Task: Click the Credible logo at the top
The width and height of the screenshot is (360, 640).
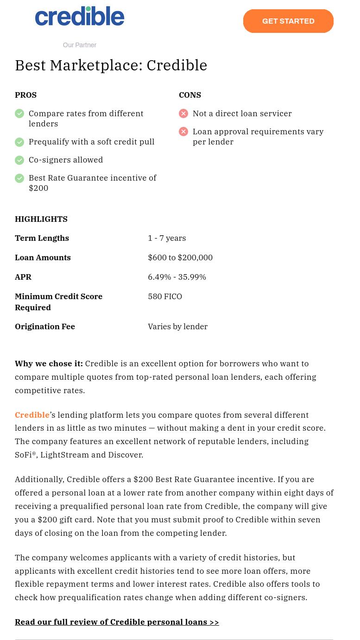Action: coord(80,17)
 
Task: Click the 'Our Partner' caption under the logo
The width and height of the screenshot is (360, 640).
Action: coord(80,45)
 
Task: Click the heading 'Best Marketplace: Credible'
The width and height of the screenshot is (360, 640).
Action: coord(111,65)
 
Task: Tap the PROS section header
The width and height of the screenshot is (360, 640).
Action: coord(25,95)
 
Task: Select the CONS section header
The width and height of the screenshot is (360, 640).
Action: coord(190,95)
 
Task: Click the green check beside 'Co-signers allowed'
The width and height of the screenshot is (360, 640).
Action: coord(19,160)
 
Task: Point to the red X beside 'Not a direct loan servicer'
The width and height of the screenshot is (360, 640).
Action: coord(183,113)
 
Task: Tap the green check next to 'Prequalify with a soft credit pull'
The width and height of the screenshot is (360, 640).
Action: coord(19,142)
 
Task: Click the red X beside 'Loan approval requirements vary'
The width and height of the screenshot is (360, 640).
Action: coord(183,132)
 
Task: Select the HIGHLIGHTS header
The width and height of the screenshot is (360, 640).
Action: coord(41,219)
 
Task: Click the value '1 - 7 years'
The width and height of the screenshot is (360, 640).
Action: coord(167,238)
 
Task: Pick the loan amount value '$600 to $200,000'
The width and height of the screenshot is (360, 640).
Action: coord(180,257)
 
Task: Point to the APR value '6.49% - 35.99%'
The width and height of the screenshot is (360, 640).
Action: coord(177,277)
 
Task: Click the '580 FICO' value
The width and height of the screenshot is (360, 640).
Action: coord(165,296)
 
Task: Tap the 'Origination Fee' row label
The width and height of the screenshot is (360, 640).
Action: coord(45,326)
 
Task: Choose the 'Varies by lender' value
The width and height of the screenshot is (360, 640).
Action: coord(177,326)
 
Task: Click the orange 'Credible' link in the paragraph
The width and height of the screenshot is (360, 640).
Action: coord(32,415)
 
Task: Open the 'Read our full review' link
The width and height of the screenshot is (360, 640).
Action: coord(117,622)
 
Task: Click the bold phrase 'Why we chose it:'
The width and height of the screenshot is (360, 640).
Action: coord(49,364)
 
